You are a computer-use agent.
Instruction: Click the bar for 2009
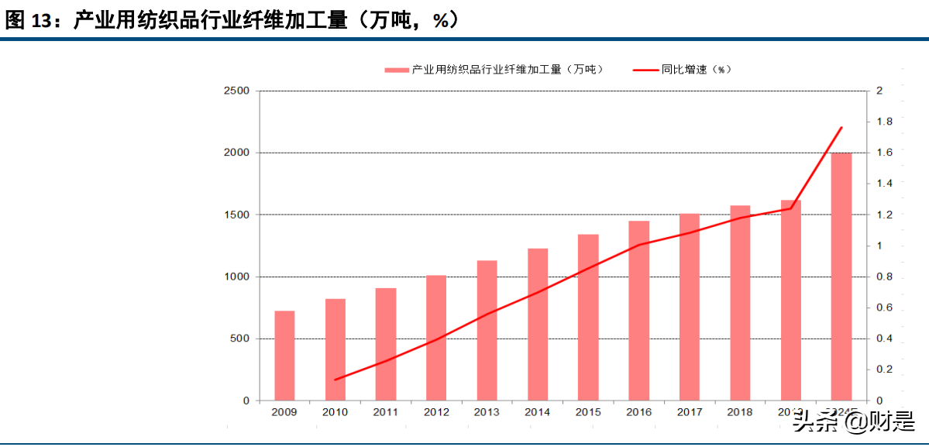point(284,356)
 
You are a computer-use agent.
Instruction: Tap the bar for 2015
point(588,317)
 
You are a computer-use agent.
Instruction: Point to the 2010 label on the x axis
point(335,412)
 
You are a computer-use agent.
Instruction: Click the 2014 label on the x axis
point(537,412)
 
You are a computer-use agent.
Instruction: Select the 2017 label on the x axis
point(689,412)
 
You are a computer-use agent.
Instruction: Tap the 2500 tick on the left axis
point(236,91)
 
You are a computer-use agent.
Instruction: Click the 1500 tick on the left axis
point(236,215)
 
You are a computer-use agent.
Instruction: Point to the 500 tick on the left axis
point(239,339)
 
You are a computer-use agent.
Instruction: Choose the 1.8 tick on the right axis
point(883,122)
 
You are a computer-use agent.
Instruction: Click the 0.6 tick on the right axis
point(883,308)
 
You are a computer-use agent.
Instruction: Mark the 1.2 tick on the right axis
point(883,215)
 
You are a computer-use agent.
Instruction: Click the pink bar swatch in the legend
point(397,70)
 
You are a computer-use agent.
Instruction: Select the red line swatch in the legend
point(645,70)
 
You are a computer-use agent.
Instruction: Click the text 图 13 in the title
point(26,21)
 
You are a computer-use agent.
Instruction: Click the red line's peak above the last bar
point(841,127)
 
